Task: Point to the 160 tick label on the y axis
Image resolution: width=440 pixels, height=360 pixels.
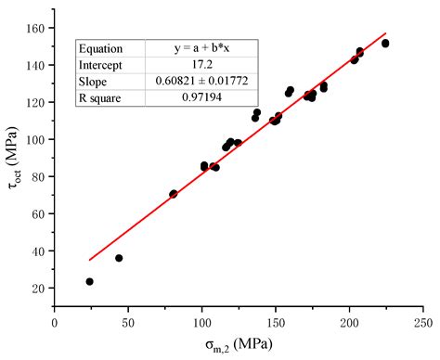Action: coord(37,28)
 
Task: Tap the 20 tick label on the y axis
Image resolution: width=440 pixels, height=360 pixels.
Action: coord(40,288)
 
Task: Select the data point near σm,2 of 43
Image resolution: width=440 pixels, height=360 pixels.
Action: coord(119,258)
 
